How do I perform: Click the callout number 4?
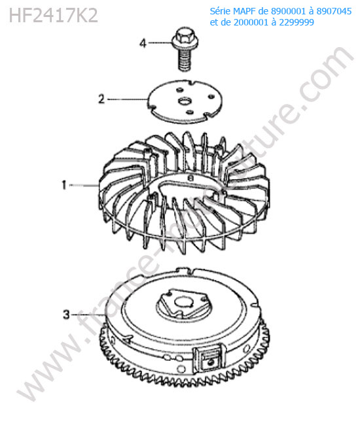(x=143, y=43)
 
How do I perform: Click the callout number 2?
(x=101, y=99)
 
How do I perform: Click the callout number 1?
(x=64, y=185)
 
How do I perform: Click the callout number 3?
(x=67, y=314)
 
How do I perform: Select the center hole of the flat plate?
(x=185, y=101)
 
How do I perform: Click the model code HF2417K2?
(x=53, y=16)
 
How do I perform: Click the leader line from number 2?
(x=128, y=99)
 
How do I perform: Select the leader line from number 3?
(x=88, y=314)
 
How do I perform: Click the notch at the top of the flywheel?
(x=187, y=271)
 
